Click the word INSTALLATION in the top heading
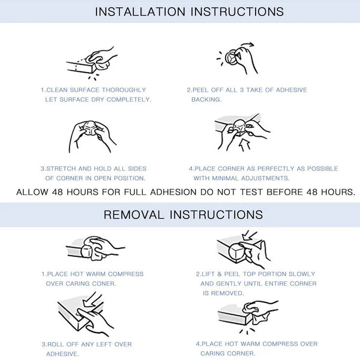(140, 12)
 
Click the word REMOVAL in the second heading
(134, 215)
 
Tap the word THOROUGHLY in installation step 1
(124, 90)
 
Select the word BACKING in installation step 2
(206, 100)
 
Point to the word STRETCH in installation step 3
(61, 169)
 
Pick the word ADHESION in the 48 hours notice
(173, 192)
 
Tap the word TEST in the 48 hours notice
(251, 192)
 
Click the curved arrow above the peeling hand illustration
(247, 45)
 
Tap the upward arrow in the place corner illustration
(245, 145)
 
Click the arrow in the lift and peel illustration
(250, 235)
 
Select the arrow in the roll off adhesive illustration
(92, 299)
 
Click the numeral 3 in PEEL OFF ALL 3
(242, 90)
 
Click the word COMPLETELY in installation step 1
(129, 100)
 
